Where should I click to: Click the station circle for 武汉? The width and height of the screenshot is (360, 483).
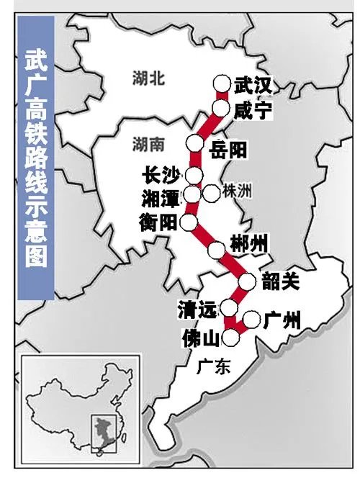coord(221,84)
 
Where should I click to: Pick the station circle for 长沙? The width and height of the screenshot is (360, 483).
coord(194,175)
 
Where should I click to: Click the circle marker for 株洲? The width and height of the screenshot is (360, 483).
coord(211,192)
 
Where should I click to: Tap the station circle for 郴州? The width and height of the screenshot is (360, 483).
coord(216,250)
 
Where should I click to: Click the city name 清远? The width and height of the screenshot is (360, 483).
coord(196,310)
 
